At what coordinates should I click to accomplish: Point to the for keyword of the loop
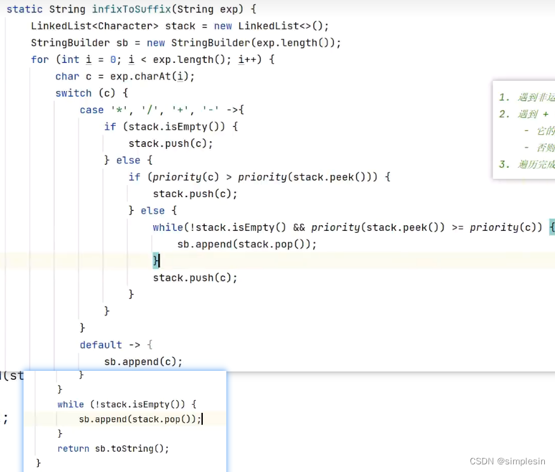click(39, 59)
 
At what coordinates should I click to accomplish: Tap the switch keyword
click(73, 93)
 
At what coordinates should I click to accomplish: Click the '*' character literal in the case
click(119, 110)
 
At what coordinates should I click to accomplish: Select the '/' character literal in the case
click(149, 110)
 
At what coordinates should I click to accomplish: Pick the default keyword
click(100, 345)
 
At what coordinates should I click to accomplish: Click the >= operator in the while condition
click(458, 227)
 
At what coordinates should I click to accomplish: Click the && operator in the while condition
click(299, 227)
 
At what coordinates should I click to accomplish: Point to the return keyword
click(73, 448)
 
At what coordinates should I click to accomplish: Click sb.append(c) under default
click(143, 361)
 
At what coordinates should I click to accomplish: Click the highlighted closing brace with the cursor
click(156, 260)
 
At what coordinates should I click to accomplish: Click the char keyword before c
click(67, 76)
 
